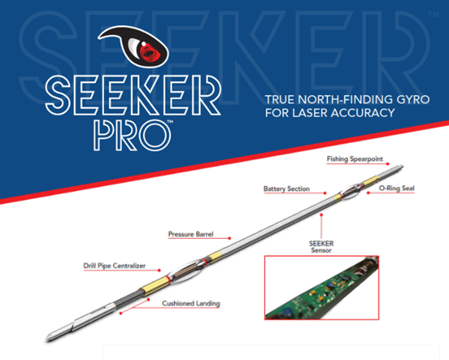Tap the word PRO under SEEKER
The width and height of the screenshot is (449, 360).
tap(132, 135)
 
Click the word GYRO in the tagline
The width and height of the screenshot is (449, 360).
tap(413, 100)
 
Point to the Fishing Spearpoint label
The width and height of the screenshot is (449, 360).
tap(355, 159)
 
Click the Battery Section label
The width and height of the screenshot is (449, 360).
tap(287, 189)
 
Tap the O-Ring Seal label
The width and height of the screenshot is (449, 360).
tap(397, 188)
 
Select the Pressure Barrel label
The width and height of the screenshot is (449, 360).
tap(191, 234)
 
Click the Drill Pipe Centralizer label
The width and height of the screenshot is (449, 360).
tap(114, 266)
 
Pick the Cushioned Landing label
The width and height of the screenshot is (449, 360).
tap(191, 303)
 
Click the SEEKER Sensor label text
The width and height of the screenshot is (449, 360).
tap(321, 247)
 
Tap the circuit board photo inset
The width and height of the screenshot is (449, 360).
tap(322, 287)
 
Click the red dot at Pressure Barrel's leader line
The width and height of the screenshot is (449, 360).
tap(230, 238)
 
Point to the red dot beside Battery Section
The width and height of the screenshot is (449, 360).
tap(325, 193)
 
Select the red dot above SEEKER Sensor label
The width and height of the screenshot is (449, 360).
tap(321, 215)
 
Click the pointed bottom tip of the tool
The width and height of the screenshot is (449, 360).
tap(46, 339)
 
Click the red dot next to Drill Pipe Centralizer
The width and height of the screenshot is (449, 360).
tap(159, 270)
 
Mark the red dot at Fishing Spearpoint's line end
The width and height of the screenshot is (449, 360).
tap(388, 164)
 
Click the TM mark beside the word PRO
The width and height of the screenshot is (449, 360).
tap(170, 121)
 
